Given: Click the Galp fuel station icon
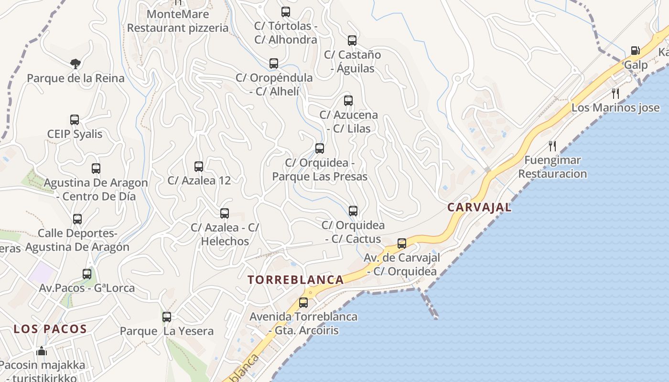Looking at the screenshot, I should pyautogui.click(x=635, y=51).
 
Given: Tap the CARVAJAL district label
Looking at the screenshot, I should pyautogui.click(x=479, y=207).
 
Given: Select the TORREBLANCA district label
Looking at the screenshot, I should pyautogui.click(x=296, y=280).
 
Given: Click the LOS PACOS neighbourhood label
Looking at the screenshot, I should pyautogui.click(x=50, y=329).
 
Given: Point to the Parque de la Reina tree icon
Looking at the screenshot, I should pyautogui.click(x=75, y=64).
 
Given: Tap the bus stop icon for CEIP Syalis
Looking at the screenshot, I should pyautogui.click(x=75, y=120).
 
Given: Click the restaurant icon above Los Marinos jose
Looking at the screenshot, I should pyautogui.click(x=615, y=93).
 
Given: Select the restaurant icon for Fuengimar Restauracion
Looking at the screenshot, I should pyautogui.click(x=552, y=146).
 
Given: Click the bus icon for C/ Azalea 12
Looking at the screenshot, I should pyautogui.click(x=199, y=167).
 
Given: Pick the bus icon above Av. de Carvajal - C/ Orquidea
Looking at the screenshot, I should pyautogui.click(x=402, y=244).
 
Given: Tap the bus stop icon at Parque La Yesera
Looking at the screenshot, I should pyautogui.click(x=167, y=317).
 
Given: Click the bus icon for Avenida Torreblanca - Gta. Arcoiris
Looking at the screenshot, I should pyautogui.click(x=303, y=303).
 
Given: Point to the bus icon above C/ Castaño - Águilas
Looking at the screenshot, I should pyautogui.click(x=352, y=41).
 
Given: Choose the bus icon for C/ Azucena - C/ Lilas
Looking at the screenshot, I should pyautogui.click(x=348, y=101).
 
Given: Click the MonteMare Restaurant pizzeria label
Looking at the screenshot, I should pyautogui.click(x=178, y=21).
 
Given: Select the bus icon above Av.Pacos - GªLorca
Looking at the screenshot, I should pyautogui.click(x=87, y=274).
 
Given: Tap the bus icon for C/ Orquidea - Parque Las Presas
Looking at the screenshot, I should pyautogui.click(x=320, y=149).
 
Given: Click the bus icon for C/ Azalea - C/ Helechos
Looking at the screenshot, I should pyautogui.click(x=225, y=213).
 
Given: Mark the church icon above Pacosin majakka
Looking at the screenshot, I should pyautogui.click(x=42, y=351).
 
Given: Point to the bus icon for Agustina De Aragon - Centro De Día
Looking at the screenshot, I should pyautogui.click(x=96, y=169).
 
